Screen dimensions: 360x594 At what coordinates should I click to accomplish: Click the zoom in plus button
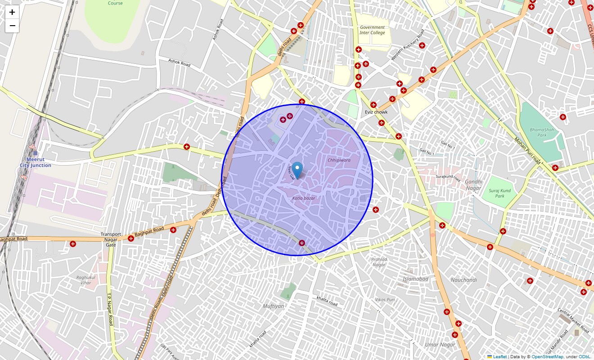click(12, 12)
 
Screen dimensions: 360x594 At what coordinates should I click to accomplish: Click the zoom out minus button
click(12, 26)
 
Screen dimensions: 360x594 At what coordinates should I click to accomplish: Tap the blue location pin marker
click(297, 171)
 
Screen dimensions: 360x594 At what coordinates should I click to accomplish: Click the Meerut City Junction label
click(36, 162)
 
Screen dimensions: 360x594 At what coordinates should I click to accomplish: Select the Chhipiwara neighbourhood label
click(339, 160)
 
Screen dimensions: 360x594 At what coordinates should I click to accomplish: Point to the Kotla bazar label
click(304, 198)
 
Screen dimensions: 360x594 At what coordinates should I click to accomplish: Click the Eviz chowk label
click(376, 112)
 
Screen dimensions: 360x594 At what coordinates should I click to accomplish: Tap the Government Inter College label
click(373, 30)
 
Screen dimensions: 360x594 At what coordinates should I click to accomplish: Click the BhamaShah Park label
click(542, 132)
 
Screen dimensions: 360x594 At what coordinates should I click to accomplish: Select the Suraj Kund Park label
click(499, 193)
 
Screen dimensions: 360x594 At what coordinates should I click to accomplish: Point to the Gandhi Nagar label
click(473, 185)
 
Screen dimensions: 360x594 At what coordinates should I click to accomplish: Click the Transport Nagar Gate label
click(111, 239)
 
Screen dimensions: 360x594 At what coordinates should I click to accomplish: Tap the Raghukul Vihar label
click(84, 280)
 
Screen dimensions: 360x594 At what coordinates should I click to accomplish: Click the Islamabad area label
click(415, 279)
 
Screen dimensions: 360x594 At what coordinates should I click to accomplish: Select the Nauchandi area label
click(463, 280)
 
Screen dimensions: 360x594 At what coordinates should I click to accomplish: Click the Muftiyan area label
click(274, 306)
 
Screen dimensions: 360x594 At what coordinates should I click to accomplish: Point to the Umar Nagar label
click(440, 345)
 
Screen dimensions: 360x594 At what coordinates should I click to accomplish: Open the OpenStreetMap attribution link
click(547, 357)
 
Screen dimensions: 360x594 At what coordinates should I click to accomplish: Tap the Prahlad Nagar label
click(379, 262)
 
